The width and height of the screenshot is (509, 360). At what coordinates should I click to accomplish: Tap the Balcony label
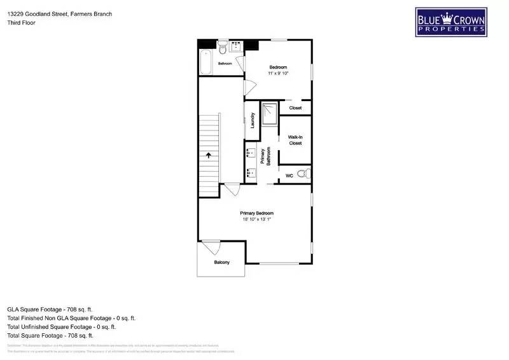(221, 263)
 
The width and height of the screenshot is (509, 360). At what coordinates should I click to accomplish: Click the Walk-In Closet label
(295, 140)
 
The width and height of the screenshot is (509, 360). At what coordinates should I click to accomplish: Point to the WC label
(289, 175)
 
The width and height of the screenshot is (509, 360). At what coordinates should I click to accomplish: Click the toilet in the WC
(303, 174)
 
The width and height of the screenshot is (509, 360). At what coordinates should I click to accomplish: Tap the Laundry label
(253, 121)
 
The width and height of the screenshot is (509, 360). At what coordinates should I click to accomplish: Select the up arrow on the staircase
(208, 155)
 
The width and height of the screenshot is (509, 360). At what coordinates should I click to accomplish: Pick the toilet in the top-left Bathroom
(223, 48)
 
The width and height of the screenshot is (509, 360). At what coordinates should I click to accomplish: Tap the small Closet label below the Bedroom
(295, 108)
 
